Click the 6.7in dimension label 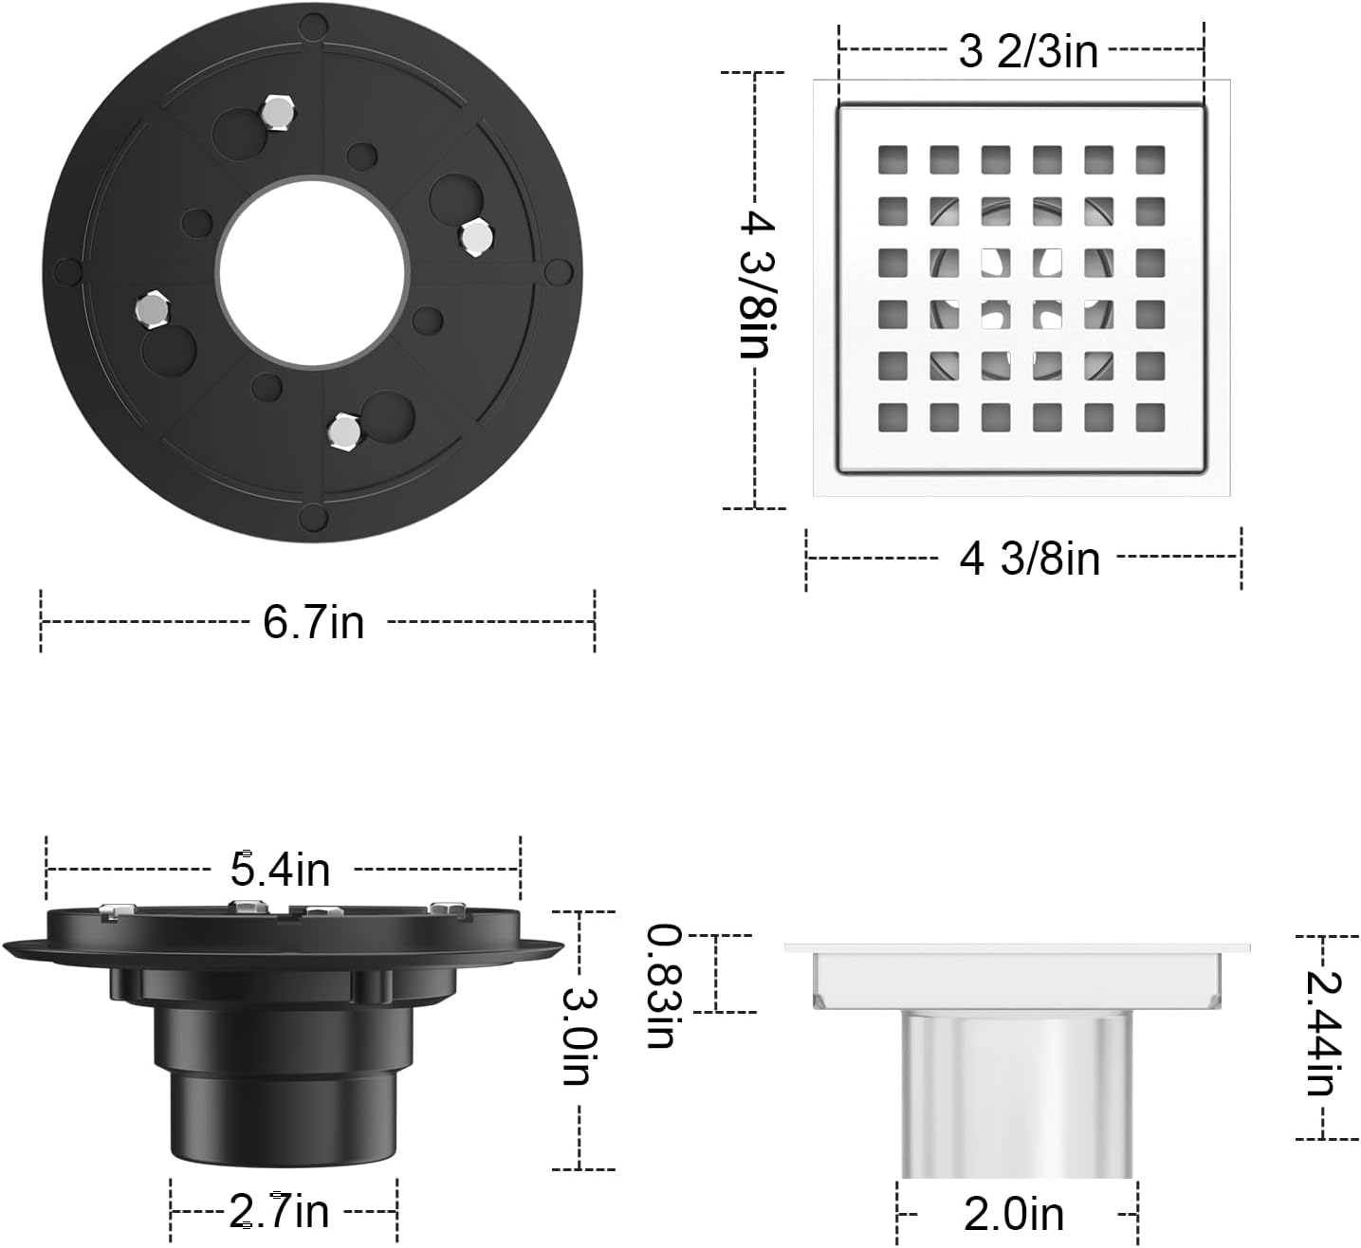(x=314, y=623)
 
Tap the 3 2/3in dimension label (x=1028, y=51)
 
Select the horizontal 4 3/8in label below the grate (x=1030, y=559)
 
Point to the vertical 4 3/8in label (x=755, y=284)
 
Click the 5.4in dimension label (x=281, y=868)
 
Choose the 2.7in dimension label (x=280, y=1211)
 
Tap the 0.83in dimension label (x=660, y=986)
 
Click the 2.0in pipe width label (x=1014, y=1215)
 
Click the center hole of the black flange (x=313, y=270)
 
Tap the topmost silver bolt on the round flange (x=277, y=112)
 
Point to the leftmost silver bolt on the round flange (x=151, y=308)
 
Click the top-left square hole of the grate (x=892, y=159)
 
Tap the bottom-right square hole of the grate (x=1149, y=417)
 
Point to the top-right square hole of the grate (x=1149, y=159)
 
